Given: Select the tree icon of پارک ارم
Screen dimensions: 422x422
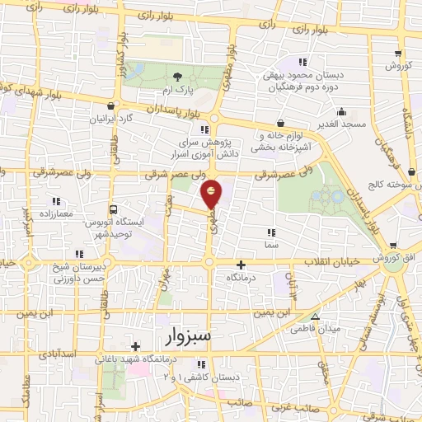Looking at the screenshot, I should [x=178, y=77].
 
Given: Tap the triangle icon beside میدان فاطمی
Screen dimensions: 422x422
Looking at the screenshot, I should [x=314, y=316].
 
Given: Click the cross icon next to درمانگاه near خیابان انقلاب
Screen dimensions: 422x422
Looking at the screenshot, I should [x=241, y=265].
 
